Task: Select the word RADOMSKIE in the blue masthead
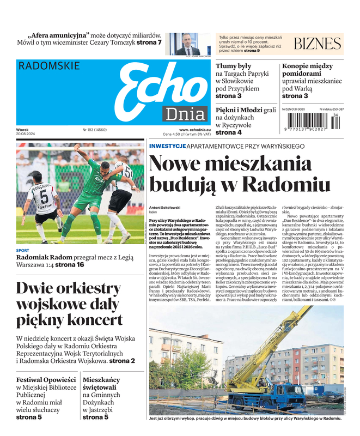pos(49,66)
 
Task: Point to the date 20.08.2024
pos(26,135)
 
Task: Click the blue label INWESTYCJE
pos(167,146)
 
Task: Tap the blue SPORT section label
pos(23,251)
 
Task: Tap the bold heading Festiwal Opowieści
pos(46,380)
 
